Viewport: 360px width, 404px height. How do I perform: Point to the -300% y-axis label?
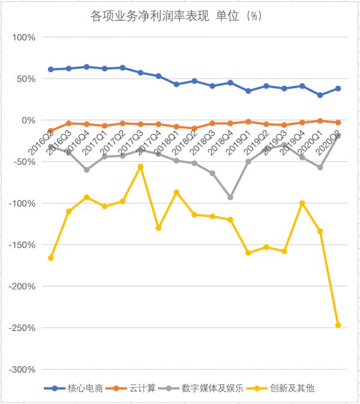pyautogui.click(x=22, y=369)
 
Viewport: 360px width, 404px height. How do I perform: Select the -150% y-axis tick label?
pyautogui.click(x=22, y=245)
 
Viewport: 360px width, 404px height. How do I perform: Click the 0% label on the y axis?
pyautogui.click(x=28, y=120)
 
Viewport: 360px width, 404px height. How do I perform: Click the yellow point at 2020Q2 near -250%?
pyautogui.click(x=338, y=325)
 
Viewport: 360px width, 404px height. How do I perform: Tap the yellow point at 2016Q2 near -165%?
pyautogui.click(x=50, y=258)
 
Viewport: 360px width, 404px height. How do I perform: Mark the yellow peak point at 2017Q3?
pyautogui.click(x=140, y=167)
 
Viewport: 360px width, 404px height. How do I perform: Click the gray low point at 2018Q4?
pyautogui.click(x=230, y=197)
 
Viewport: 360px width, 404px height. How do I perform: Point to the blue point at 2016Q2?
pyautogui.click(x=50, y=70)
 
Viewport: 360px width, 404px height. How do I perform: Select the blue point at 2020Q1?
pyautogui.click(x=320, y=95)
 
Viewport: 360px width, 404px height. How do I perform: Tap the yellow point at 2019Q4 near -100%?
pyautogui.click(x=302, y=203)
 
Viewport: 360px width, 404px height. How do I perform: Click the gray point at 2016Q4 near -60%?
pyautogui.click(x=86, y=170)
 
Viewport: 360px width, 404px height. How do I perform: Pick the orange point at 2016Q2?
pyautogui.click(x=50, y=131)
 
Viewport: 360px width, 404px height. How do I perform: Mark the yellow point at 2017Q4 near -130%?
pyautogui.click(x=158, y=228)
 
